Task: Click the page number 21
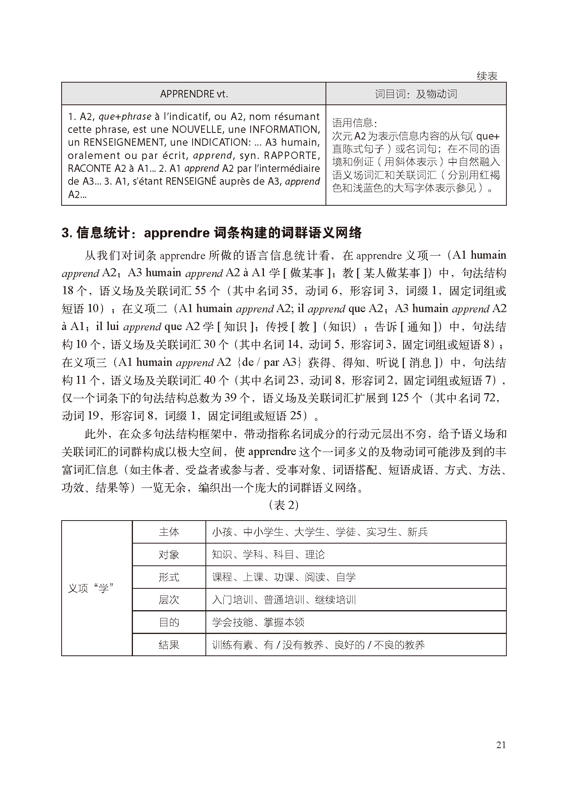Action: pos(501,745)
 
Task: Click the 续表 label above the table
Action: pos(487,76)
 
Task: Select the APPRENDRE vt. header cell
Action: pos(194,94)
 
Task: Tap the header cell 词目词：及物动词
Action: pos(416,94)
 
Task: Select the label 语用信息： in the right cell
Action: pos(354,124)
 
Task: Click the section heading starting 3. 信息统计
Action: pos(212,233)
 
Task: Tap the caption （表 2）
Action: pos(284,505)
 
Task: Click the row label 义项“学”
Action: pos(91,588)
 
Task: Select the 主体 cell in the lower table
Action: pos(169,532)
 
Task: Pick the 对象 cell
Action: pos(169,554)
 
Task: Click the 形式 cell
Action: pos(169,577)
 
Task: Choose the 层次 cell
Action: pos(169,600)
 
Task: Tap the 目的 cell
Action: pos(169,622)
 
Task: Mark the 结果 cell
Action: pos(169,645)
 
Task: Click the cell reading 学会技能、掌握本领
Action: pos(258,622)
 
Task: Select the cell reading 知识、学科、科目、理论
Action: pos(268,554)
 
